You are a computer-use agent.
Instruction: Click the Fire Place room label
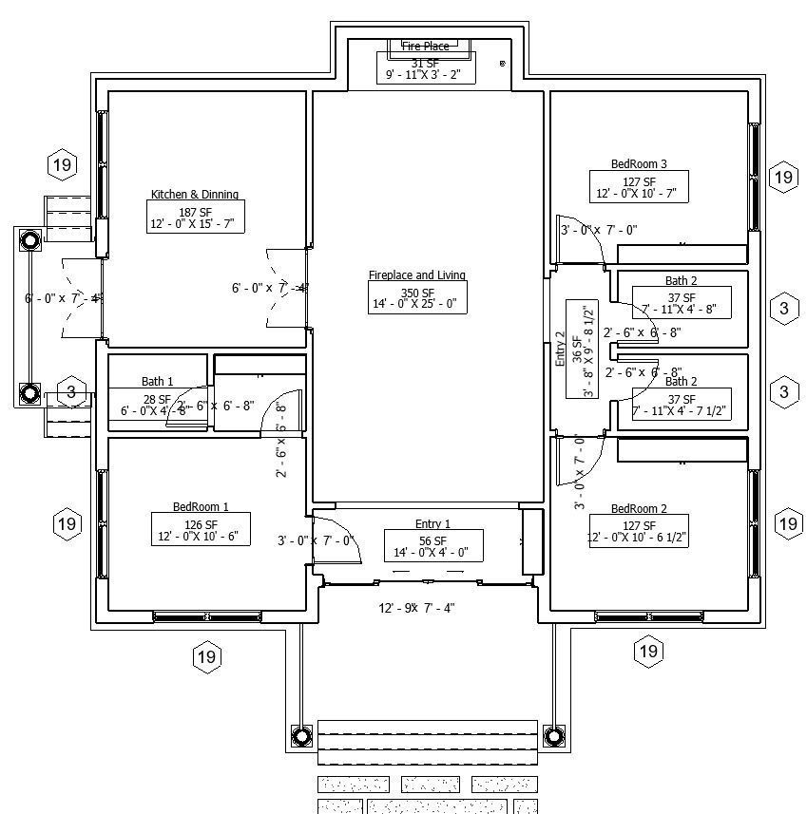click(425, 46)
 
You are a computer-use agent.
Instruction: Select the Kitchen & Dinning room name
click(195, 195)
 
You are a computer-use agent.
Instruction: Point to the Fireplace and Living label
click(417, 275)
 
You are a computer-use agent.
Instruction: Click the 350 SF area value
click(417, 293)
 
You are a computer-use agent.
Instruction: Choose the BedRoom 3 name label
click(639, 164)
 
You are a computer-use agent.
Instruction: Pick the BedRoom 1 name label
click(201, 507)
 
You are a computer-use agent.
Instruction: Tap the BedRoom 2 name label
click(639, 509)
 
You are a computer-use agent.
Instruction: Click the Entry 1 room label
click(432, 524)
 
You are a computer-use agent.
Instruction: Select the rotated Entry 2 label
click(560, 350)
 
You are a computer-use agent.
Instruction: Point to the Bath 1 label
click(158, 382)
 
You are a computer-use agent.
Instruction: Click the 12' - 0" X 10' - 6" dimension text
click(201, 538)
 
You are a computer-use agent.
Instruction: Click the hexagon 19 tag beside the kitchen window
click(63, 165)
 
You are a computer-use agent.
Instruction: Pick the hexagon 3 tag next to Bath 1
click(71, 391)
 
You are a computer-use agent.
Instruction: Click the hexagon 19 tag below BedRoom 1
click(206, 656)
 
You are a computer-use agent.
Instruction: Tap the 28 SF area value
click(157, 399)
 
